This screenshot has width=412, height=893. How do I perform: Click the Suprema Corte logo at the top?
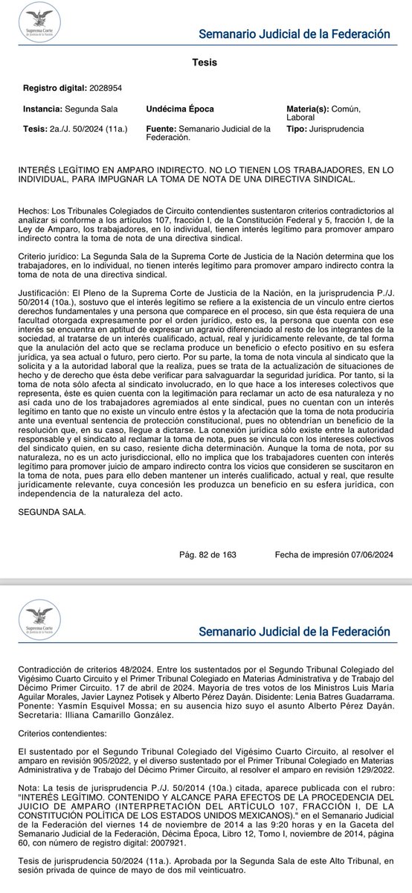pyautogui.click(x=41, y=22)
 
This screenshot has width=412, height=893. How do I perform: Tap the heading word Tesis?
pyautogui.click(x=205, y=63)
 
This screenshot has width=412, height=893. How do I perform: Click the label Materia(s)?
pyautogui.click(x=308, y=109)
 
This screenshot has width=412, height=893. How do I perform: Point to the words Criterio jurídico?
pyautogui.click(x=54, y=255)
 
